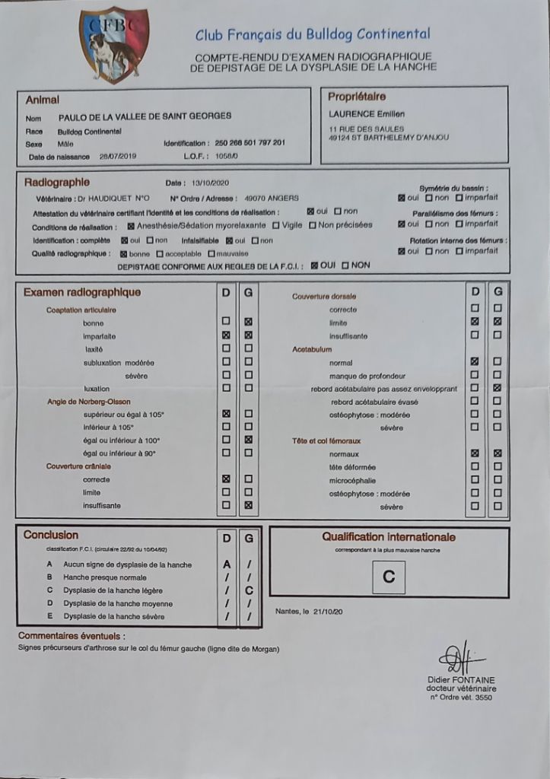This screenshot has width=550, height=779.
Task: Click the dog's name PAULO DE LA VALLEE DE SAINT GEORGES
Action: pos(145,116)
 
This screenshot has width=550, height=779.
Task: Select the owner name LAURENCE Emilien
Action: pos(361,114)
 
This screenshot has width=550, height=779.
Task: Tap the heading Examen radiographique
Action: pos(82,292)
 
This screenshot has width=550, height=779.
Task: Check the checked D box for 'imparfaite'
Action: pos(226,335)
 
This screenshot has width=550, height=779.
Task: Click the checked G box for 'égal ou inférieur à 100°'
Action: pos(249,440)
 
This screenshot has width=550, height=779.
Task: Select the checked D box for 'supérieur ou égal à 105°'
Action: pos(226,414)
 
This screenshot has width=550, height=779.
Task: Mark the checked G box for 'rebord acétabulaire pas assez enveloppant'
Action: pos(498,389)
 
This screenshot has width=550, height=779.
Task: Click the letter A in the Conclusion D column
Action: pos(226,564)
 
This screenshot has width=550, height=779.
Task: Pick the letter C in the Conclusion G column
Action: pos(249,590)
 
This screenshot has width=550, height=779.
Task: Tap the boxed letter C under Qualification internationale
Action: pos(389,577)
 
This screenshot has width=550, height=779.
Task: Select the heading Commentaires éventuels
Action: pos(72,636)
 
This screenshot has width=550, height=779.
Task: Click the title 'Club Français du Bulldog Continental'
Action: pos(313,34)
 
